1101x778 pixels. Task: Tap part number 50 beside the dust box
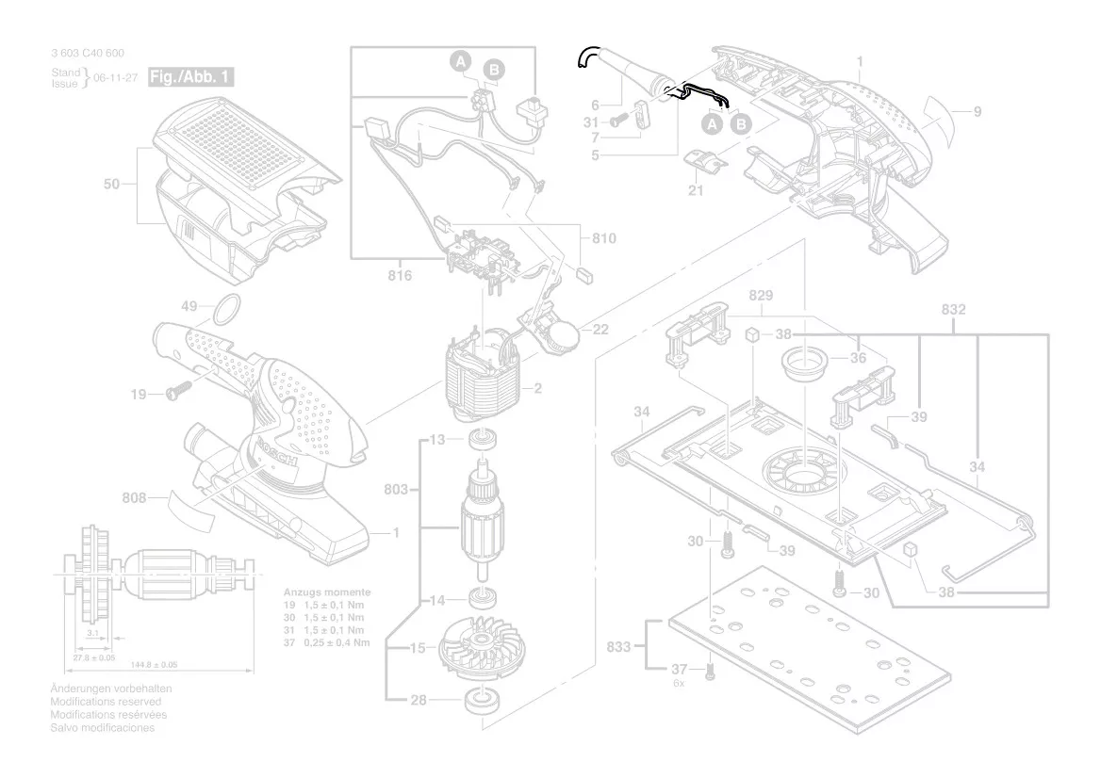[x=112, y=185]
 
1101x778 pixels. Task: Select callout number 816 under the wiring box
[x=401, y=275]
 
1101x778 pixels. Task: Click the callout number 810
[x=604, y=238]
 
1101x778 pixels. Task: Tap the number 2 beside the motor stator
[x=538, y=389]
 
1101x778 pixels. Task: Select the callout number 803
[x=397, y=489]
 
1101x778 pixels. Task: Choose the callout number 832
[x=954, y=309]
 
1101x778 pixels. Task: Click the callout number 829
[x=762, y=296]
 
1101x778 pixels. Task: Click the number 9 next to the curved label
[x=978, y=112]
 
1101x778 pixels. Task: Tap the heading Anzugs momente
[x=327, y=592]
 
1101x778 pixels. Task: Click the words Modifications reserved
[x=106, y=702]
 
